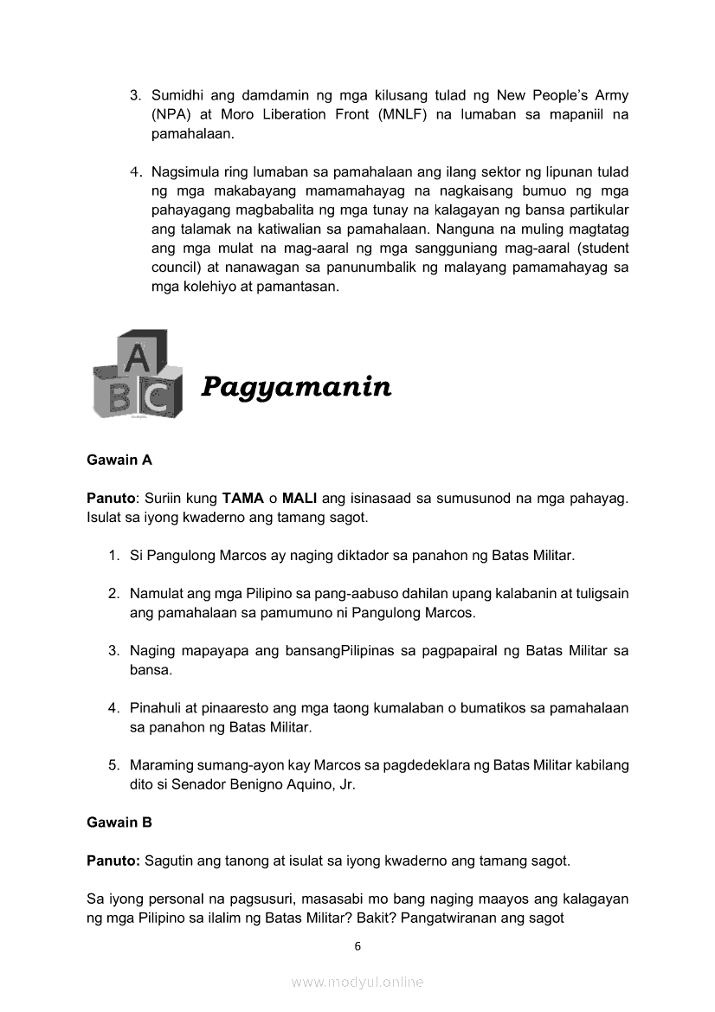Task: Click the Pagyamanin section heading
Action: click(x=296, y=387)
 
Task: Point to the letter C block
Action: click(x=158, y=397)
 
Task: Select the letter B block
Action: click(x=118, y=396)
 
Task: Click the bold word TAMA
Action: click(x=242, y=500)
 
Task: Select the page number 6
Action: click(x=357, y=946)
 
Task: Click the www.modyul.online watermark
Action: click(x=357, y=982)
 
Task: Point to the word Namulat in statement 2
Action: click(x=156, y=594)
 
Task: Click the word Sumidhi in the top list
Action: click(x=176, y=95)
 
